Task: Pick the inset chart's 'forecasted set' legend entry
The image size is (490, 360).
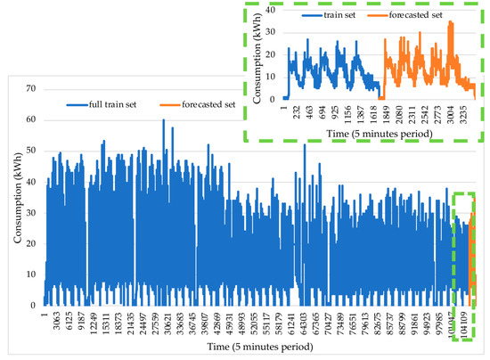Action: tap(411, 14)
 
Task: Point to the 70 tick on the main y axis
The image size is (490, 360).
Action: tap(29, 89)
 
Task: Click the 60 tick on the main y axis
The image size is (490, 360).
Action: tap(29, 119)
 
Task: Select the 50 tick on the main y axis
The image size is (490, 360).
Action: tap(29, 151)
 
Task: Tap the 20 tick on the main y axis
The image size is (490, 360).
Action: tap(29, 243)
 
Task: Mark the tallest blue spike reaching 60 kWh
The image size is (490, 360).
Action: tap(163, 120)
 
